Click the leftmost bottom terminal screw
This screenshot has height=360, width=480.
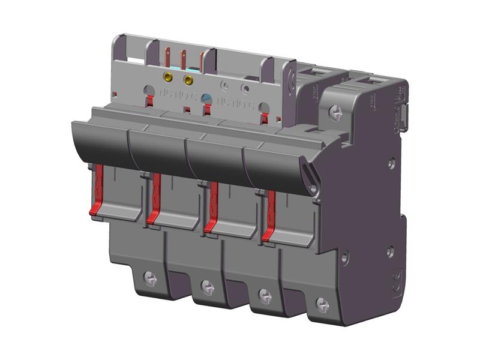[x=150, y=278]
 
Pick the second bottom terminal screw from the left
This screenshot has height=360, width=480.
[x=207, y=284]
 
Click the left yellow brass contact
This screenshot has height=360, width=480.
[x=169, y=77]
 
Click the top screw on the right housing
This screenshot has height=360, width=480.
[x=336, y=110]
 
